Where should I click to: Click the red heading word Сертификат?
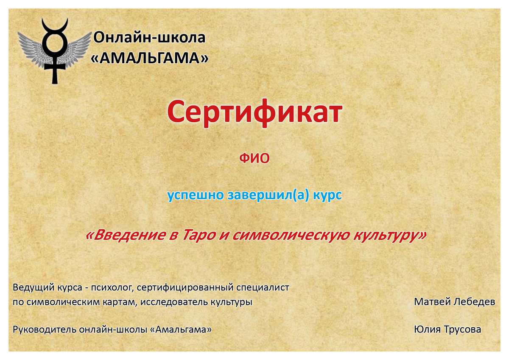click(x=255, y=113)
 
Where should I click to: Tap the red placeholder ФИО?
click(x=254, y=158)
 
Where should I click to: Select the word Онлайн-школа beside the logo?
click(x=149, y=37)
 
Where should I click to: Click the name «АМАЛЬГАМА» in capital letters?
click(x=149, y=58)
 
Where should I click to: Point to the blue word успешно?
click(x=196, y=195)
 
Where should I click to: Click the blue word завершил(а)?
click(x=268, y=195)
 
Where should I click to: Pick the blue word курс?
click(x=327, y=195)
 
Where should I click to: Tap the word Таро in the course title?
click(x=199, y=235)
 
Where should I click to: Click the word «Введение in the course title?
click(x=126, y=235)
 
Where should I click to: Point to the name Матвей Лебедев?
click(x=454, y=302)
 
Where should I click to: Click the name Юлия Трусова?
click(x=447, y=329)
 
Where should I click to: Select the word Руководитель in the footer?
click(x=44, y=329)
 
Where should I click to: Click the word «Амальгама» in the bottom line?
click(x=181, y=329)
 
